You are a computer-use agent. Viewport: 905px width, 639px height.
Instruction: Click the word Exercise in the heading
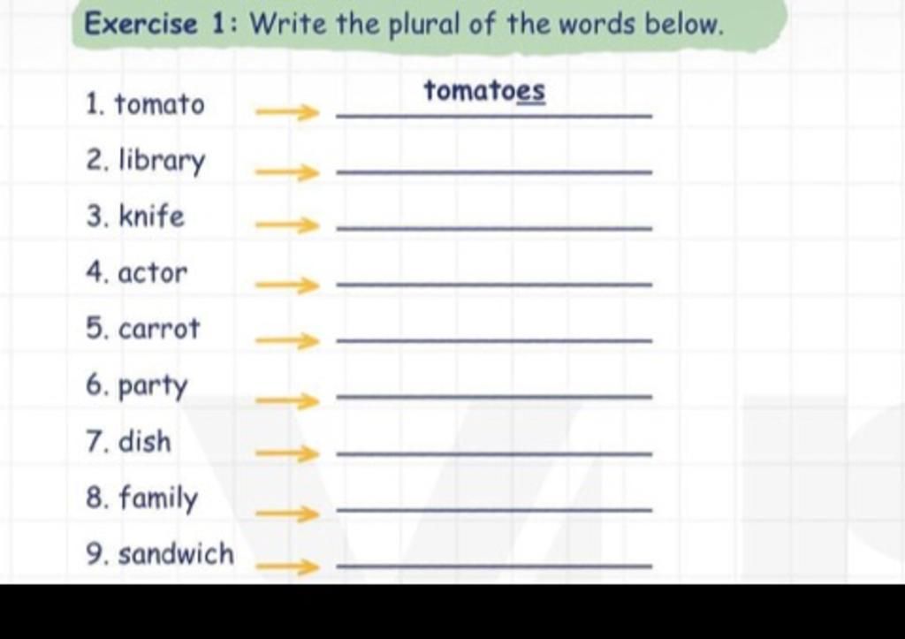[141, 24]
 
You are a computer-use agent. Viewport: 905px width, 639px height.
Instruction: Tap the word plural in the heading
[424, 26]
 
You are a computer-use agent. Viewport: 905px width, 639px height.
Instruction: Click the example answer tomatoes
[484, 91]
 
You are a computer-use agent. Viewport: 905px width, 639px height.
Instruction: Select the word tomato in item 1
[159, 104]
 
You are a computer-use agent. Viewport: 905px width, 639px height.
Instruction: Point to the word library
[162, 161]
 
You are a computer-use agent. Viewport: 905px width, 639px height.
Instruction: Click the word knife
[152, 217]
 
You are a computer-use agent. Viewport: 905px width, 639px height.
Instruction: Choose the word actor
[153, 273]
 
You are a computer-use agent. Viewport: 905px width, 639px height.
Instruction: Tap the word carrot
[159, 329]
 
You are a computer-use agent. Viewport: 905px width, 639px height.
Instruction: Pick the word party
[153, 385]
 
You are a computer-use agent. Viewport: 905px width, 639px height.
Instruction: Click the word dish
[145, 442]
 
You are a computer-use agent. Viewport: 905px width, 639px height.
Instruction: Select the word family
[158, 498]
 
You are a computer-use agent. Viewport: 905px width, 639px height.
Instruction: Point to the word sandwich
[177, 554]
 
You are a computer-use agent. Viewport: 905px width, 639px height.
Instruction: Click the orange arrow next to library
[287, 171]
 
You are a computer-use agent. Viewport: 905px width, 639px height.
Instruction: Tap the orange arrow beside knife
[287, 225]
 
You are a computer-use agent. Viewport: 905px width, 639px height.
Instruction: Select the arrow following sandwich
[287, 567]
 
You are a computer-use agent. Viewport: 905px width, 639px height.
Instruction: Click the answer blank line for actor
[494, 285]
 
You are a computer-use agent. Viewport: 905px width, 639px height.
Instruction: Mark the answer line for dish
[494, 453]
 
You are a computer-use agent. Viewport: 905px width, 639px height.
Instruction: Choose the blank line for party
[494, 397]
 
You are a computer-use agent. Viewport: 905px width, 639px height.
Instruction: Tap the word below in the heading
[683, 25]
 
